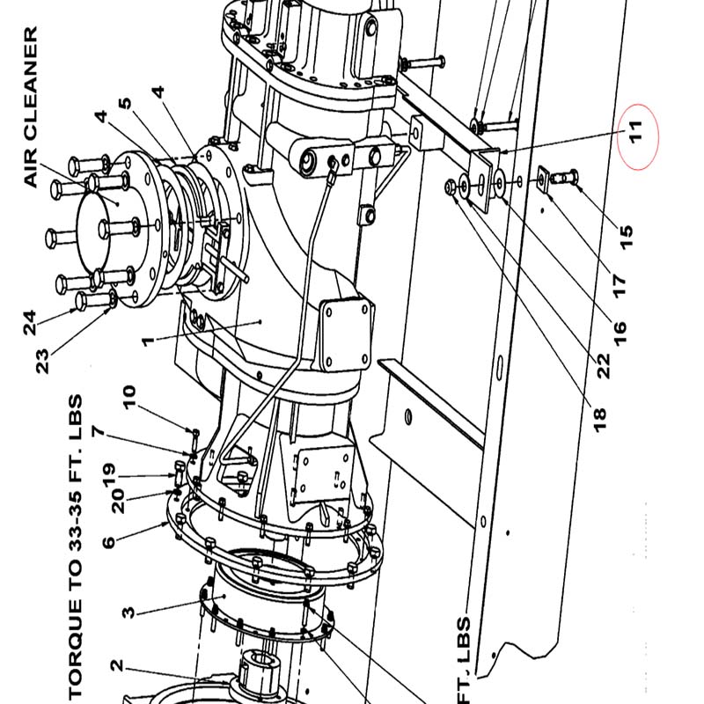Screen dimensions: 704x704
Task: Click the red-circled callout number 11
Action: point(635,132)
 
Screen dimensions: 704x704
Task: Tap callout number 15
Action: point(626,237)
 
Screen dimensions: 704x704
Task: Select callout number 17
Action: point(619,285)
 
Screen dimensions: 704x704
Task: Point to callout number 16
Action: point(619,334)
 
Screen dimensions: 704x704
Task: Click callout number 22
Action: point(603,365)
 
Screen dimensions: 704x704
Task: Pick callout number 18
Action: point(599,421)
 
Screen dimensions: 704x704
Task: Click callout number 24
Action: point(30,322)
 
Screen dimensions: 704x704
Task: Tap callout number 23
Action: point(41,362)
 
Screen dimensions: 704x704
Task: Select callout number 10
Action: point(128,397)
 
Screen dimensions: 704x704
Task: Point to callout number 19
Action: point(108,475)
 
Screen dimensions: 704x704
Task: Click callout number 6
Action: point(108,542)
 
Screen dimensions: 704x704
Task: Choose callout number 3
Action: point(128,612)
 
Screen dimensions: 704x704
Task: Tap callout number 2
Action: point(116,665)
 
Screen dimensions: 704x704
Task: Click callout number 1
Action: point(148,341)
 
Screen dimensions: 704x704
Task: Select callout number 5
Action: point(125,104)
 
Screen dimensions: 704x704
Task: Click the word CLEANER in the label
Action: point(31,82)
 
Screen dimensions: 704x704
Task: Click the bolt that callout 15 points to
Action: point(564,177)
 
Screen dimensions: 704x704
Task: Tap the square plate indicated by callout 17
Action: point(544,180)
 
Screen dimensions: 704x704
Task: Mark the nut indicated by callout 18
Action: point(450,187)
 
